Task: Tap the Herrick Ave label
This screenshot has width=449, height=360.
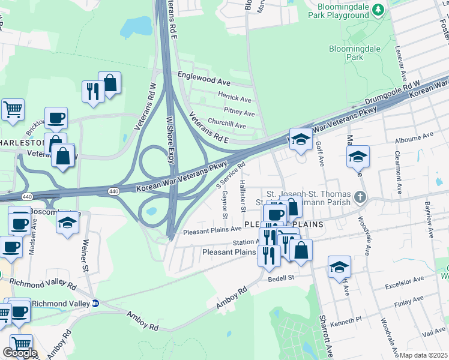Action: point(234,98)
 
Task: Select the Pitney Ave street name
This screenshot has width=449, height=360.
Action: point(239,112)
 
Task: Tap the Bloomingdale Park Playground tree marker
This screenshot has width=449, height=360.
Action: point(378,10)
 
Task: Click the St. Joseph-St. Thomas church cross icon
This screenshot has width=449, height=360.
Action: point(359,196)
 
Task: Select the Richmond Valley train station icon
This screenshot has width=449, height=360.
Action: point(95,303)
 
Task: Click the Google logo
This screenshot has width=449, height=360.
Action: point(19,353)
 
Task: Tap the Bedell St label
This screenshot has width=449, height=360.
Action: point(283,278)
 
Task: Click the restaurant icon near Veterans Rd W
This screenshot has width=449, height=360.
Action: point(92,92)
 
